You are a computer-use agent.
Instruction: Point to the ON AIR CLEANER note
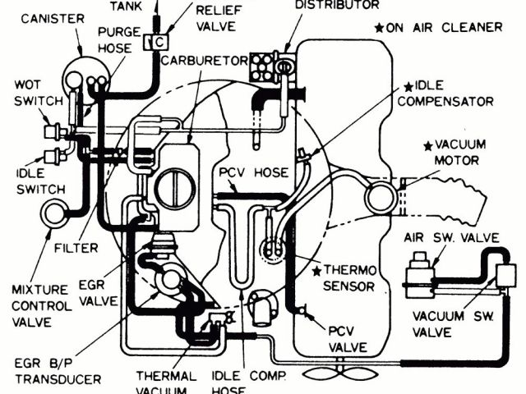tap(436, 27)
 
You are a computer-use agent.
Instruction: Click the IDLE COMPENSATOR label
tap(451, 94)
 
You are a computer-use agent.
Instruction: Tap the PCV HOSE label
tap(253, 173)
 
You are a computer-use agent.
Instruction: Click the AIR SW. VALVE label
tap(452, 238)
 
